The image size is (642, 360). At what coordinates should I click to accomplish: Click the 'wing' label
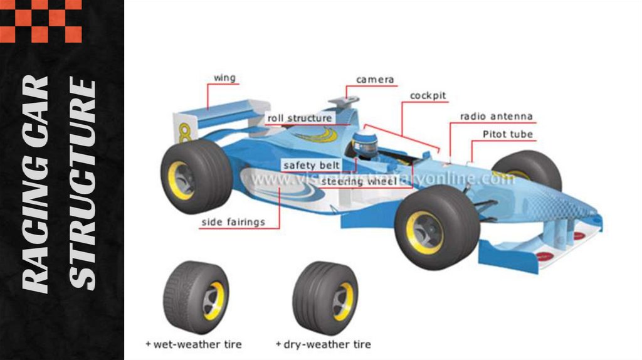pyautogui.click(x=224, y=78)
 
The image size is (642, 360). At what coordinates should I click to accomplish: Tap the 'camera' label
pyautogui.click(x=375, y=80)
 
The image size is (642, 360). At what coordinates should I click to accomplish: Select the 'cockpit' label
pyautogui.click(x=428, y=96)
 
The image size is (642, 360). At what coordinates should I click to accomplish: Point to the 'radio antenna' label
pyautogui.click(x=496, y=117)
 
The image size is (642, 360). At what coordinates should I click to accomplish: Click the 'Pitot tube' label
pyautogui.click(x=507, y=134)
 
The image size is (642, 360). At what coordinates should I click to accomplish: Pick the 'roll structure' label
pyautogui.click(x=300, y=118)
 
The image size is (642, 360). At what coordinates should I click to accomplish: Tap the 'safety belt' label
pyautogui.click(x=311, y=166)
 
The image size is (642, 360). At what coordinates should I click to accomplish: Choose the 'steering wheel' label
pyautogui.click(x=358, y=182)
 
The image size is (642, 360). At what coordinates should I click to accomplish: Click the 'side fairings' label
pyautogui.click(x=233, y=222)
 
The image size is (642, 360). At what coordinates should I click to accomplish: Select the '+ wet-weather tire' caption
pyautogui.click(x=193, y=344)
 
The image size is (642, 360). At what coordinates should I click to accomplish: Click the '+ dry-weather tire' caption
pyautogui.click(x=323, y=344)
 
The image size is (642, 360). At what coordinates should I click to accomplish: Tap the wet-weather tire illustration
pyautogui.click(x=196, y=297)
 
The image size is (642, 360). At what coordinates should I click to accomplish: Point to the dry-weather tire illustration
pyautogui.click(x=325, y=298)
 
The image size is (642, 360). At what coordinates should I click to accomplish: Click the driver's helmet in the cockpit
pyautogui.click(x=364, y=145)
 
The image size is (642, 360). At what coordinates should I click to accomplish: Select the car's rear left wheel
pyautogui.click(x=196, y=176)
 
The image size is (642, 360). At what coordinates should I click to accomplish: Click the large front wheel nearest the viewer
pyautogui.click(x=436, y=226)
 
